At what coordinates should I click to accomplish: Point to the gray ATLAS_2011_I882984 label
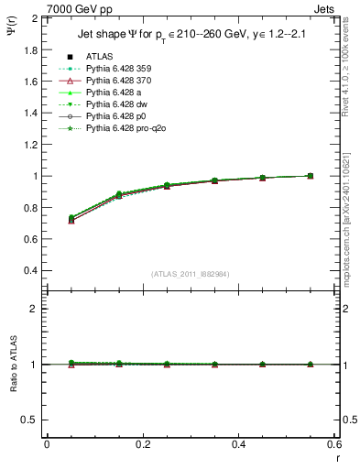coord(190,274)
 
